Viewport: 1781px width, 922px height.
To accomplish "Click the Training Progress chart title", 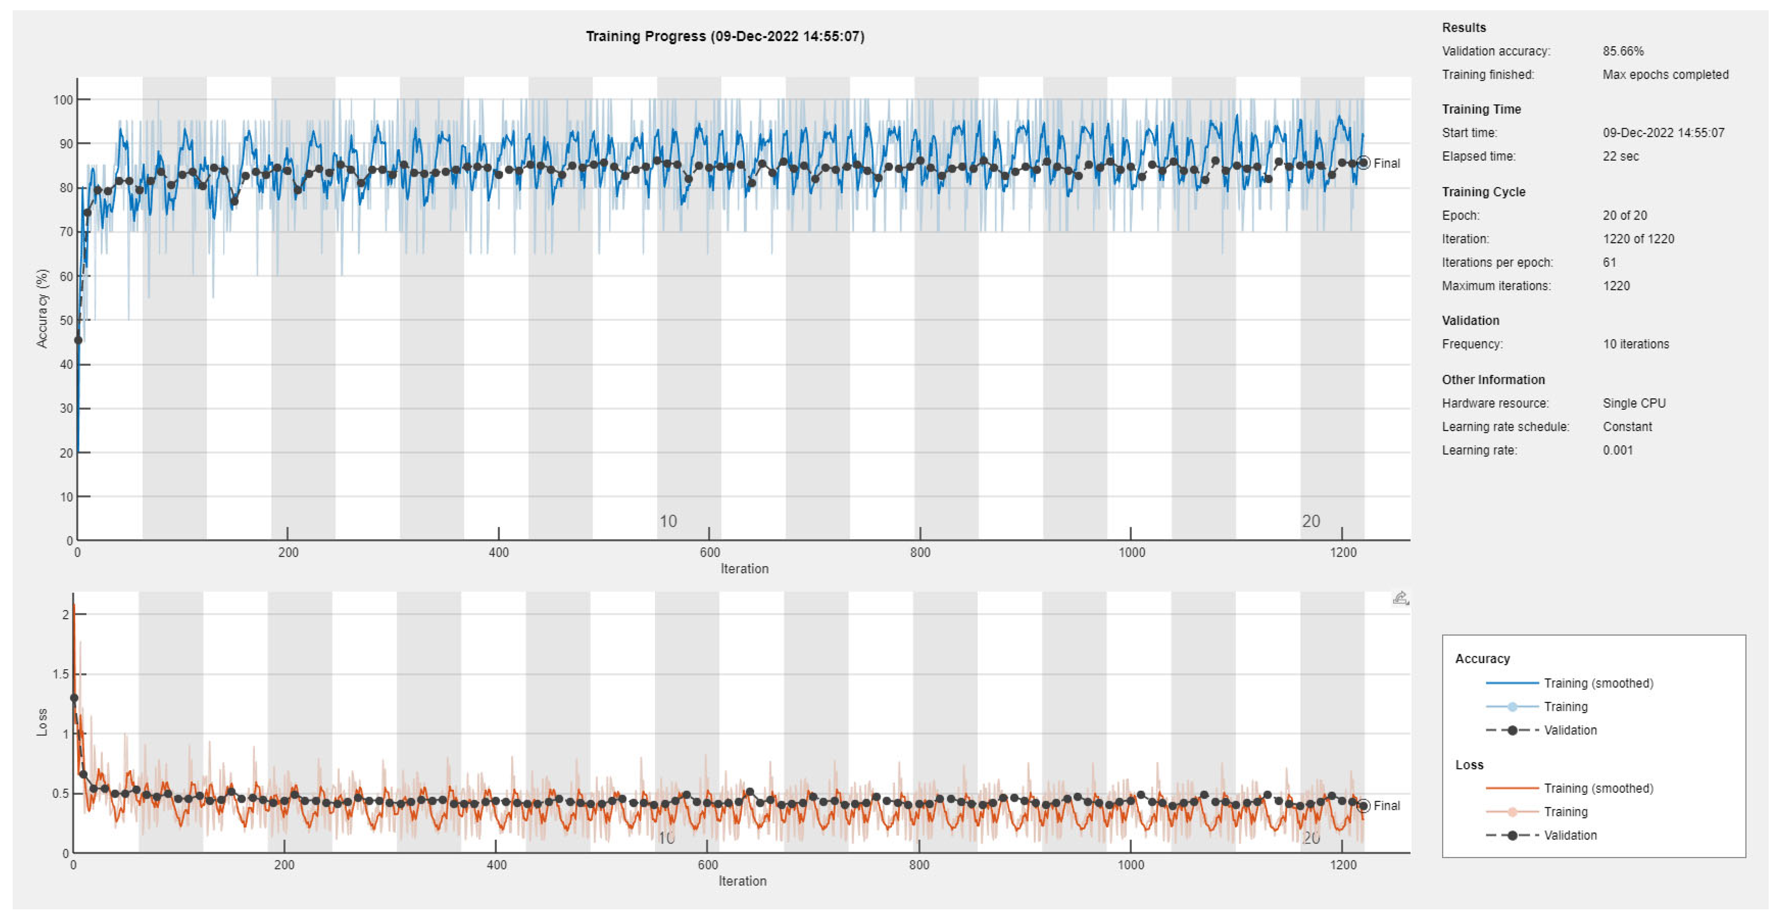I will click(x=725, y=36).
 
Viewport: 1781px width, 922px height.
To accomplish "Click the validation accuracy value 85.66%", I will click(x=1623, y=51).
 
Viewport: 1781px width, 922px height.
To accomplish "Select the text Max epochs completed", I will click(x=1665, y=75).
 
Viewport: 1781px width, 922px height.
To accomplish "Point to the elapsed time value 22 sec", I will click(x=1621, y=156).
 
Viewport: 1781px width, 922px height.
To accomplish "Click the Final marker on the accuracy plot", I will click(x=1363, y=163).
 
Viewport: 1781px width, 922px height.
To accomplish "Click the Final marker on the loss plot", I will click(x=1363, y=806).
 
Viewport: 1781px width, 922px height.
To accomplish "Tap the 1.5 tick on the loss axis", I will click(x=62, y=674).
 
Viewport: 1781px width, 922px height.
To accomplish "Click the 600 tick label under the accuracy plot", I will click(x=709, y=552).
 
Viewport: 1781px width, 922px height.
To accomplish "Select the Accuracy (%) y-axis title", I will click(x=42, y=308).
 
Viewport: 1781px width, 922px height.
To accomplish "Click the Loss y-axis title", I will click(x=42, y=722).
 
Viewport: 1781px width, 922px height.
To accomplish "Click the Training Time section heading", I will click(x=1481, y=109).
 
